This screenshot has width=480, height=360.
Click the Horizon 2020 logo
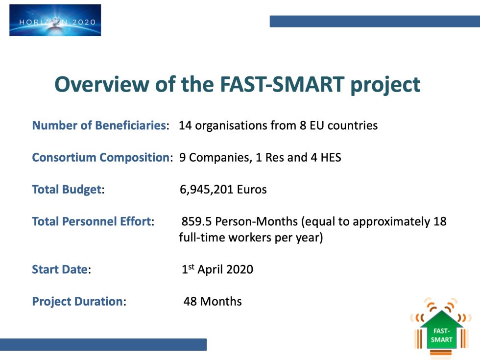pyautogui.click(x=55, y=20)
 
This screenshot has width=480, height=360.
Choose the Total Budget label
pyautogui.click(x=67, y=190)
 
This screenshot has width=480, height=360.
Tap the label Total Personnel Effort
pyautogui.click(x=91, y=221)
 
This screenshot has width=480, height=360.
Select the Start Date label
pyautogui.click(x=60, y=269)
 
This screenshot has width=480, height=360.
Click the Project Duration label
pyautogui.click(x=77, y=301)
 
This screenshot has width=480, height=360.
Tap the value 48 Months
pyautogui.click(x=213, y=301)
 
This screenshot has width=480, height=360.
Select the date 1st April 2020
pyautogui.click(x=217, y=269)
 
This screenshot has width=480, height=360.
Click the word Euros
pyautogui.click(x=252, y=190)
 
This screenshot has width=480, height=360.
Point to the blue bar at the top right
pyautogui.click(x=375, y=21)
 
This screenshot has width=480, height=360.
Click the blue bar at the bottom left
pyautogui.click(x=103, y=344)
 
